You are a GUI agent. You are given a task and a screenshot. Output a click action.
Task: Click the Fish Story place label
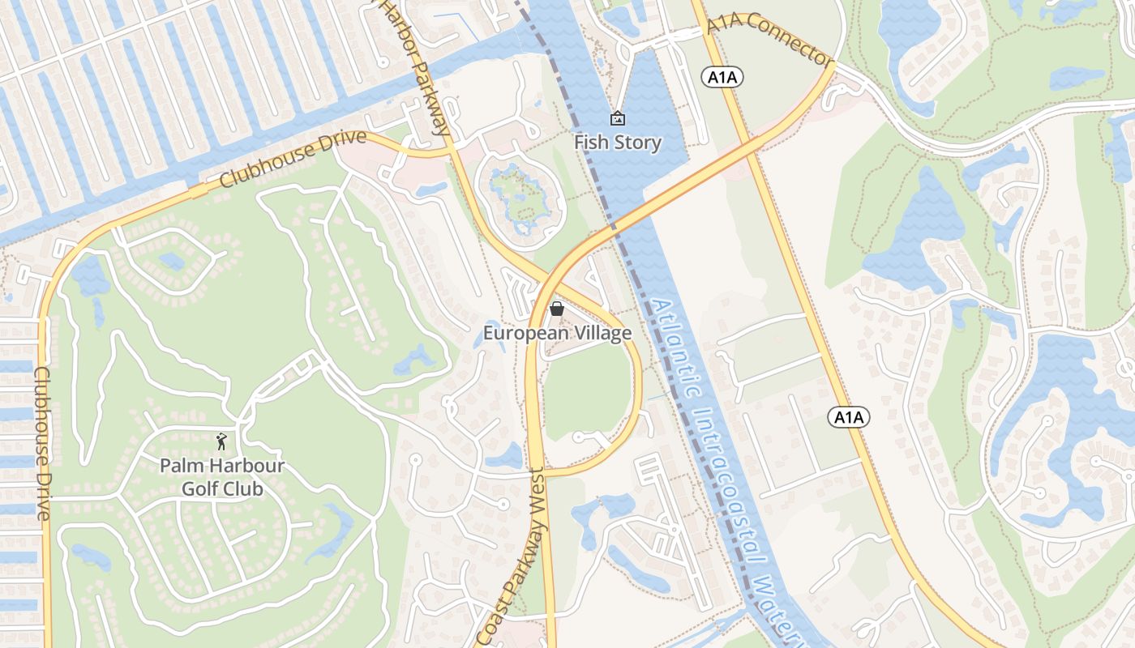tap(618, 143)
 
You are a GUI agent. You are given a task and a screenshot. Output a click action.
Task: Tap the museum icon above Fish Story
tap(618, 119)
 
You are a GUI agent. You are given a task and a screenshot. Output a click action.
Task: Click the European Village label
tap(557, 333)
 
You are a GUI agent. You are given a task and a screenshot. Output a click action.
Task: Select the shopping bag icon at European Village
tap(557, 309)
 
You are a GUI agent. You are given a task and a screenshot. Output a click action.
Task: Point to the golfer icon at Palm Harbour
tap(221, 441)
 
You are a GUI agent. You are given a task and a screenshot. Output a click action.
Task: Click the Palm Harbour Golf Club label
tap(222, 477)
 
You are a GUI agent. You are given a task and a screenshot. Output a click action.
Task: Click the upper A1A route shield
tap(722, 77)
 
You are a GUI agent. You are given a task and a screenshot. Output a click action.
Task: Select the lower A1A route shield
tap(849, 417)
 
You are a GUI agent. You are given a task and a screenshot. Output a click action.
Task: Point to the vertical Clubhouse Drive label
tap(42, 444)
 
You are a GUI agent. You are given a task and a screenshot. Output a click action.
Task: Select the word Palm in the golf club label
tap(179, 466)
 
